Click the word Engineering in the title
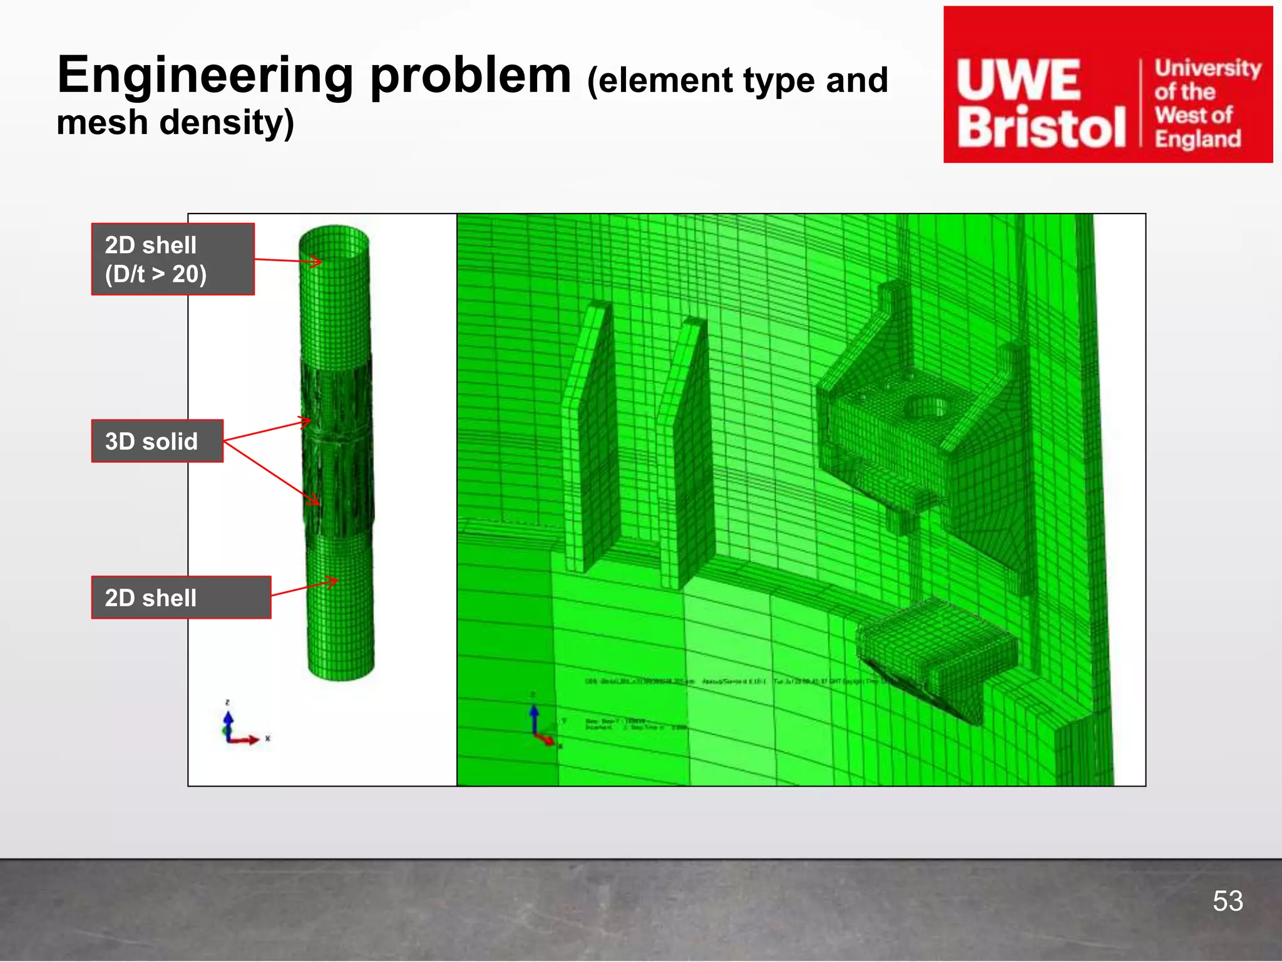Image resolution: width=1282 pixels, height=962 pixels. [x=205, y=75]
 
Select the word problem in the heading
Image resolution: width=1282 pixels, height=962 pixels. [x=471, y=75]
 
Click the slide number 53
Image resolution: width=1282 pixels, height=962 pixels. [x=1228, y=901]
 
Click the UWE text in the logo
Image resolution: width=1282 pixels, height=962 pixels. [x=1019, y=80]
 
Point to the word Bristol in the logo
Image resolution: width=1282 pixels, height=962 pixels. [x=1040, y=127]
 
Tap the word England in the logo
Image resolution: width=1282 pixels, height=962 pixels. [x=1197, y=138]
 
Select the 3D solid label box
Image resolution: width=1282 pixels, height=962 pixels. [x=157, y=441]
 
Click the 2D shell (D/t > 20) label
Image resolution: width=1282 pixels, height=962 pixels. [x=173, y=259]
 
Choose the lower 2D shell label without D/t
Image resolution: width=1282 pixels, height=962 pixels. [x=181, y=597]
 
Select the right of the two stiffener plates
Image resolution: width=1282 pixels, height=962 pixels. [x=685, y=451]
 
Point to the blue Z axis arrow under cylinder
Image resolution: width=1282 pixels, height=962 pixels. [x=228, y=720]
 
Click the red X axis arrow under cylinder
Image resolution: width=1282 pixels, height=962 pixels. [x=247, y=740]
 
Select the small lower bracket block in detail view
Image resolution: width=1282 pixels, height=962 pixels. [x=936, y=645]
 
